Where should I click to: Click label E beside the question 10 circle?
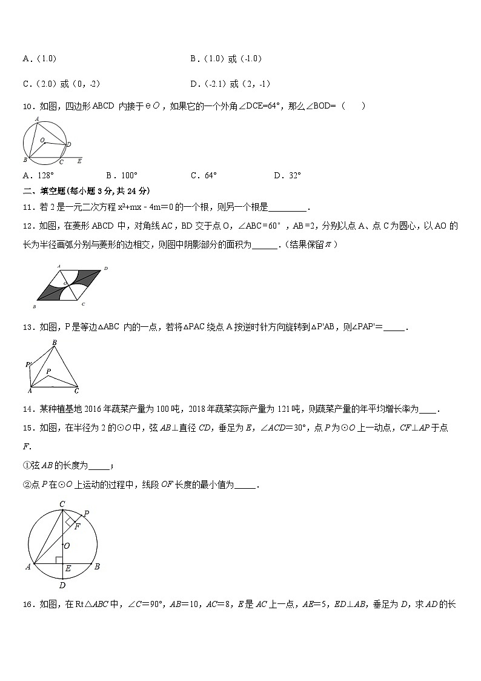tap(79, 162)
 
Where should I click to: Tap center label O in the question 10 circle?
tap(42, 140)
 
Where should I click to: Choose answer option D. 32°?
tap(287, 176)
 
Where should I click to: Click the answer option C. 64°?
tap(204, 176)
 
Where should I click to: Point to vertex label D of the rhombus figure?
tap(105, 267)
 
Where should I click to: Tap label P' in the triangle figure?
tap(27, 364)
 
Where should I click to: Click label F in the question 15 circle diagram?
tap(76, 525)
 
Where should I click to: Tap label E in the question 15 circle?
tap(67, 569)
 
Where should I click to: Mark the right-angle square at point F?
tap(70, 521)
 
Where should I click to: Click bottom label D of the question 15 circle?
tap(62, 585)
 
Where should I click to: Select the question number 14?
tap(27, 409)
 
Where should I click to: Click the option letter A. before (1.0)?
tap(28, 59)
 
